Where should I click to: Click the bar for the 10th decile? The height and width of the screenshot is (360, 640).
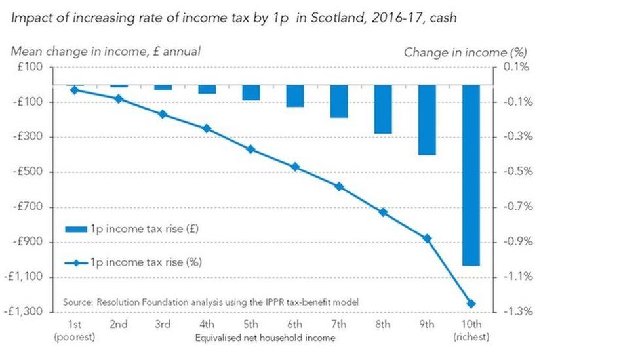coord(471,174)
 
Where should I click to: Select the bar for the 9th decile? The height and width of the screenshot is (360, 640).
coord(427,119)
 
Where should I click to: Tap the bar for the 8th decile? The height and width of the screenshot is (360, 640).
coord(383,109)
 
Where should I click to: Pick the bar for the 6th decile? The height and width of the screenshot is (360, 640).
coord(295,96)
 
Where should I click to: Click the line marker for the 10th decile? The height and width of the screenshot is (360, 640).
coord(471,304)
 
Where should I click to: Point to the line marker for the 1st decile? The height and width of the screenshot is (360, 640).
coord(75,90)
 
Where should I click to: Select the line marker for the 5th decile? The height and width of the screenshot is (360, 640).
coord(250,150)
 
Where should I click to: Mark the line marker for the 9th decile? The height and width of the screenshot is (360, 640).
coord(427,239)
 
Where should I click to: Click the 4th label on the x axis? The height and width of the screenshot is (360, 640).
coord(207,325)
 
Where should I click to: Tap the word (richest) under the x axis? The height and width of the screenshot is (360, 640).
coord(471,337)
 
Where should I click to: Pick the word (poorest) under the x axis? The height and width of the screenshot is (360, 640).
coord(75,337)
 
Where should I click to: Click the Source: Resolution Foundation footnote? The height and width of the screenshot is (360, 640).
coord(210,302)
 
